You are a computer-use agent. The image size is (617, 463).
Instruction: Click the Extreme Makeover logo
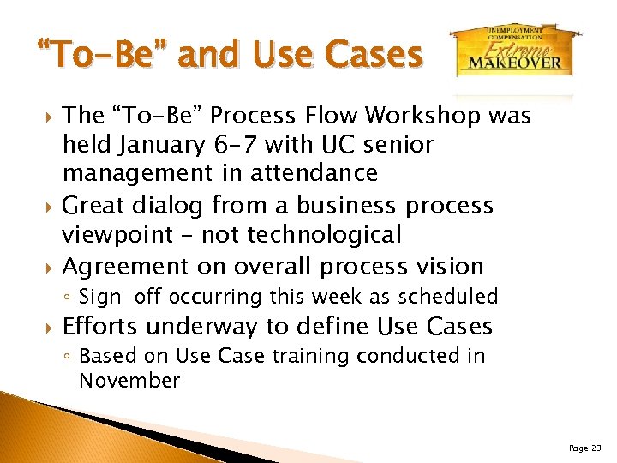click(x=513, y=52)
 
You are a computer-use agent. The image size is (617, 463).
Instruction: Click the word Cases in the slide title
click(x=376, y=55)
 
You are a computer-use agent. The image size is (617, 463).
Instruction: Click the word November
click(x=129, y=380)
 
